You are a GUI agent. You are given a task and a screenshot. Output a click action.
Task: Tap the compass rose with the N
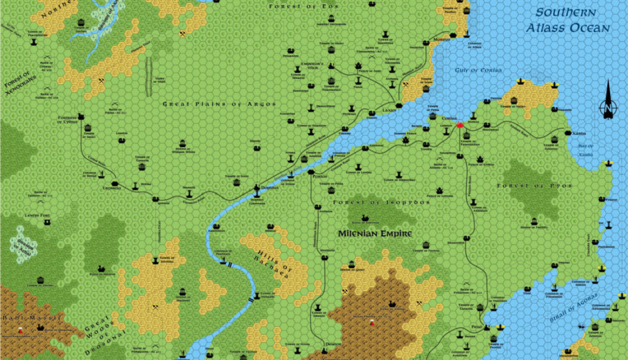[x=607, y=101]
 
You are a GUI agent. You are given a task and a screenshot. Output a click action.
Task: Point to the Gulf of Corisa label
[x=479, y=70]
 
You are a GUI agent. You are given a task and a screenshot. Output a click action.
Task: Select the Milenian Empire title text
[x=375, y=234]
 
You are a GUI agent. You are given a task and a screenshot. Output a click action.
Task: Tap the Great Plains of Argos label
[x=219, y=104]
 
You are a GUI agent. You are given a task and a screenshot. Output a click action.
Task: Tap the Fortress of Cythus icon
[x=81, y=116]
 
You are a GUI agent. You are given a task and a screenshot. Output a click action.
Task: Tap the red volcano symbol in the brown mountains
[x=371, y=323]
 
